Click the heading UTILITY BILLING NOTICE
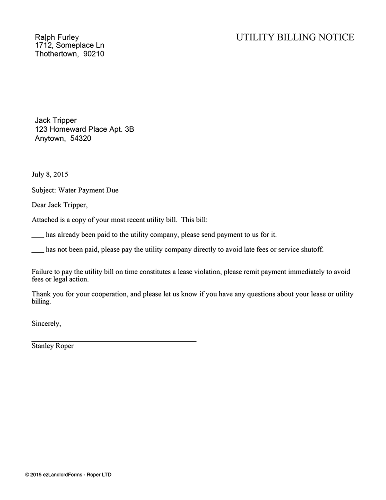tap(295, 37)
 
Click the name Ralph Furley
tap(57, 37)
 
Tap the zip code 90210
tap(94, 54)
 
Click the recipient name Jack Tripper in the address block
tap(56, 120)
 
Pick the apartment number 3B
tap(129, 129)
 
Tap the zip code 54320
tap(81, 138)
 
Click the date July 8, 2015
tap(50, 174)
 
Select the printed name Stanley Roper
tap(52, 346)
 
